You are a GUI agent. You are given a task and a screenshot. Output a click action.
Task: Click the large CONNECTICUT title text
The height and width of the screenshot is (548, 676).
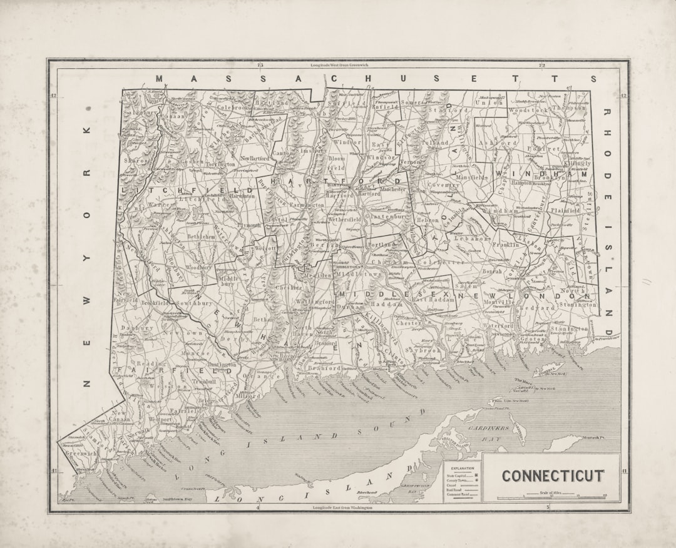552,476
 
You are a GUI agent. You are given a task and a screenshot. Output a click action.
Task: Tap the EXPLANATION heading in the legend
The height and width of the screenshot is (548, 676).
462,468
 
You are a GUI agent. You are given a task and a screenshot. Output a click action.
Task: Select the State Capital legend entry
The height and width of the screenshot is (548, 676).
460,475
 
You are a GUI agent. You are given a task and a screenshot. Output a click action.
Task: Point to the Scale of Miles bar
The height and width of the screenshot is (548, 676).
551,497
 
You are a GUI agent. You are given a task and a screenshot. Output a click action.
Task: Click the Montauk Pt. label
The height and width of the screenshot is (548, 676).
594,437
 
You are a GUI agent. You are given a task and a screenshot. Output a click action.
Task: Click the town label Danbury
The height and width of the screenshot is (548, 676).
137,328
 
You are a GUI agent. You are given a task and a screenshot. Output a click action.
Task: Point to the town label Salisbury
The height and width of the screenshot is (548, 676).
139,113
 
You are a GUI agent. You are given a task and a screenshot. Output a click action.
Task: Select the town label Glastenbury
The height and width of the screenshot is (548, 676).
382,216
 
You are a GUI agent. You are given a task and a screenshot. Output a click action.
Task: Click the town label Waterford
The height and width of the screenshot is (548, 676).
498,326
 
